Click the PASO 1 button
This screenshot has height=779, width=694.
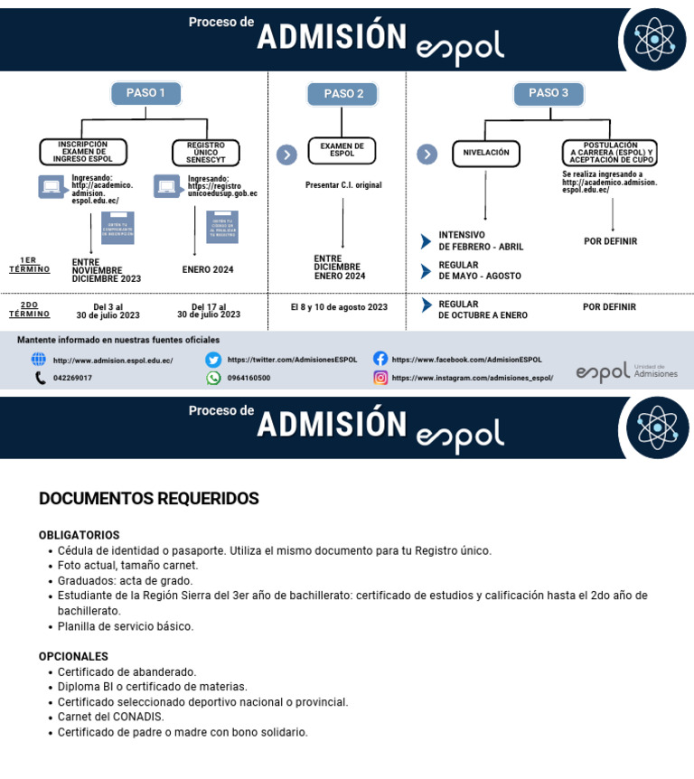point(145,93)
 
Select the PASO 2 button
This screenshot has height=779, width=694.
point(343,94)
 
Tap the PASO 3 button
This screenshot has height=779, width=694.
point(549,93)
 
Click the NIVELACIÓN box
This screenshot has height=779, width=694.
point(486,154)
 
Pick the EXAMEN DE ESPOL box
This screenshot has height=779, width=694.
point(342,151)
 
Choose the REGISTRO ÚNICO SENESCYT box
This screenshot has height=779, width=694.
point(205,153)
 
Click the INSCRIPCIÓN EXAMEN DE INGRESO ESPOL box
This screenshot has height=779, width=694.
point(83,152)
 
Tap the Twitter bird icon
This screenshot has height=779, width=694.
point(213,360)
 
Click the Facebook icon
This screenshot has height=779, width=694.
point(380,359)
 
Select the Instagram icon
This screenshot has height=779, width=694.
point(380,378)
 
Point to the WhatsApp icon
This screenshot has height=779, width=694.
point(213,378)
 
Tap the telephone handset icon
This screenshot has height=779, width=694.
point(41,378)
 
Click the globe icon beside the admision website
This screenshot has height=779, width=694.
point(39,359)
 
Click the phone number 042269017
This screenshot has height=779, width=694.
point(72,378)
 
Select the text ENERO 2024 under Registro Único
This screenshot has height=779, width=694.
point(208,269)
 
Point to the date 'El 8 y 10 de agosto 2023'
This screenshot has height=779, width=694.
point(339,307)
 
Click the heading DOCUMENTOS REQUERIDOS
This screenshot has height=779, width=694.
point(149,499)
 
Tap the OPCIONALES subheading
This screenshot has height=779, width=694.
point(73,657)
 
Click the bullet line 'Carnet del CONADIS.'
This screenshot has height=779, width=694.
point(111,717)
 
